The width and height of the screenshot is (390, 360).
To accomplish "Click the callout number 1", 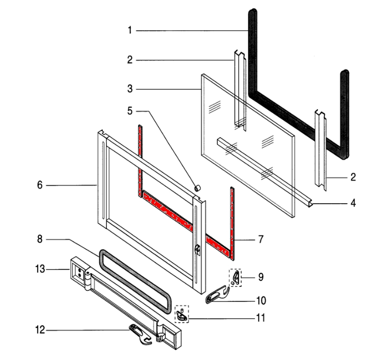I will click(129, 31).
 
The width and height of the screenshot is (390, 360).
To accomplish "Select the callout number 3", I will click(129, 90).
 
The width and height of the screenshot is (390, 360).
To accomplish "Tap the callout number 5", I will click(129, 110).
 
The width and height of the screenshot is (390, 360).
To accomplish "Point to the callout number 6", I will click(40, 185).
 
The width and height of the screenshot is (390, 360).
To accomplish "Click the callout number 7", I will click(260, 239).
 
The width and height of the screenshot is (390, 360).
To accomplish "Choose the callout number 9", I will click(260, 277).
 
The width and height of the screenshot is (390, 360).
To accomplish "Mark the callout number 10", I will click(261, 301).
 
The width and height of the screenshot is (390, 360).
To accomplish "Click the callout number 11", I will click(261, 318).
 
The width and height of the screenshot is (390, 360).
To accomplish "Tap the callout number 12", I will click(40, 330).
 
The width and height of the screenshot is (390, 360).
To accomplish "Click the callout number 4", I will click(353, 204).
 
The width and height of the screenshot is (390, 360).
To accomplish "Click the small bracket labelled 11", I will click(181, 316).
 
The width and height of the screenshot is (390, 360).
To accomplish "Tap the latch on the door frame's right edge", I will click(198, 249).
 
